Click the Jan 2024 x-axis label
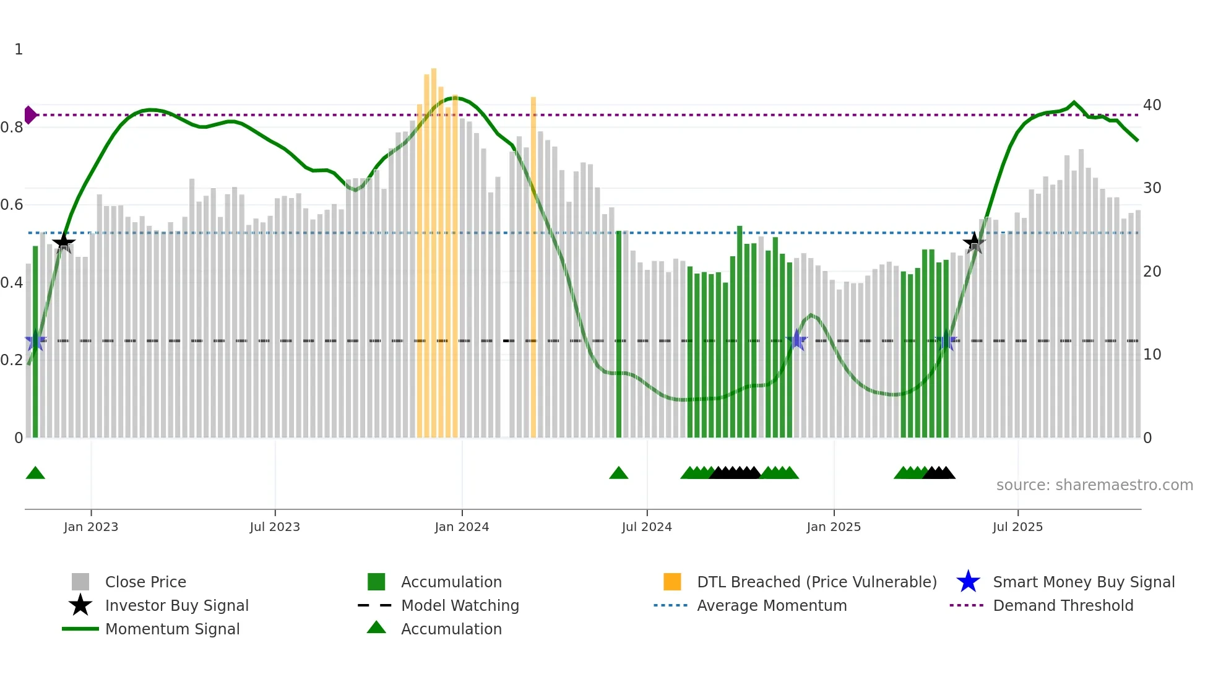pyautogui.click(x=462, y=527)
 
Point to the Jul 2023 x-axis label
pyautogui.click(x=275, y=527)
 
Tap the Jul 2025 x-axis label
pyautogui.click(x=1017, y=527)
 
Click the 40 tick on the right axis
pyautogui.click(x=1152, y=105)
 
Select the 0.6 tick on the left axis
pyautogui.click(x=12, y=205)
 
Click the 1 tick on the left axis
pyautogui.click(x=19, y=50)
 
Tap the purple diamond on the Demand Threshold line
pyautogui.click(x=30, y=115)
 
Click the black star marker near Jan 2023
pyautogui.click(x=64, y=243)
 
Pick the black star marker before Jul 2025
pyautogui.click(x=974, y=243)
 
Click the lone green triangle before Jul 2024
pyautogui.click(x=618, y=473)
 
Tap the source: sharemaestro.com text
pyautogui.click(x=1094, y=485)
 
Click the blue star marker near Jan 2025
pyautogui.click(x=797, y=340)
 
